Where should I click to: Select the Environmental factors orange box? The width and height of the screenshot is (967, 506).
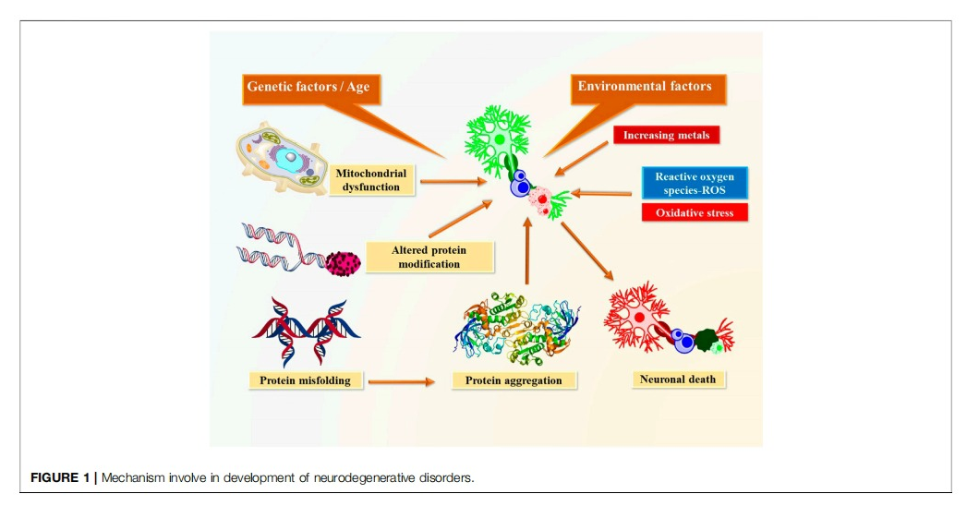tap(645, 87)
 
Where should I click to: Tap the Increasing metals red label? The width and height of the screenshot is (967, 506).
tap(666, 136)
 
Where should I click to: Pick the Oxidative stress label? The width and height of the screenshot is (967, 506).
tap(695, 212)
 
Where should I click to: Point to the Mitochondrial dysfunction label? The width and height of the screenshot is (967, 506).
tap(370, 180)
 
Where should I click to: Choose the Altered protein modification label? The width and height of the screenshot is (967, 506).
tap(429, 258)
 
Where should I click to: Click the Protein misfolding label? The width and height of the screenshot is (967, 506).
tap(305, 379)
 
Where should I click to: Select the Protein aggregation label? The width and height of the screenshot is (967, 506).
tap(514, 380)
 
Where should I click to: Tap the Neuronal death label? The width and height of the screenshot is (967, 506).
tap(677, 379)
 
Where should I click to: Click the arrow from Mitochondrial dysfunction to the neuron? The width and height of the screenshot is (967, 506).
tap(453, 182)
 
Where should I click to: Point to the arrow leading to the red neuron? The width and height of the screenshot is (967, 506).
tap(586, 249)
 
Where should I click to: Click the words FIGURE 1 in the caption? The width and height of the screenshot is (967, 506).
tap(57, 477)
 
